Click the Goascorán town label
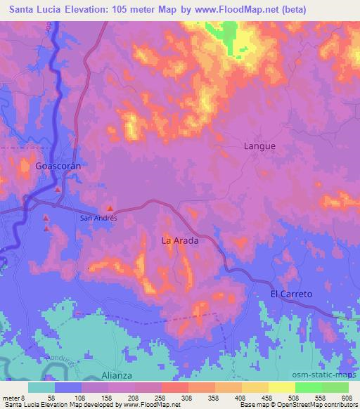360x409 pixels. [x=59, y=167]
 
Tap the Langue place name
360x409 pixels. [x=259, y=146]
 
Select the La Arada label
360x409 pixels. [x=180, y=240]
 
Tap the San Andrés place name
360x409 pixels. [x=98, y=218]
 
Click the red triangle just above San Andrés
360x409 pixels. [x=110, y=208]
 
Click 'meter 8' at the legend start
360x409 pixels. [x=13, y=398]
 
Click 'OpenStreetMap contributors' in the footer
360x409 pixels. [x=318, y=405]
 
